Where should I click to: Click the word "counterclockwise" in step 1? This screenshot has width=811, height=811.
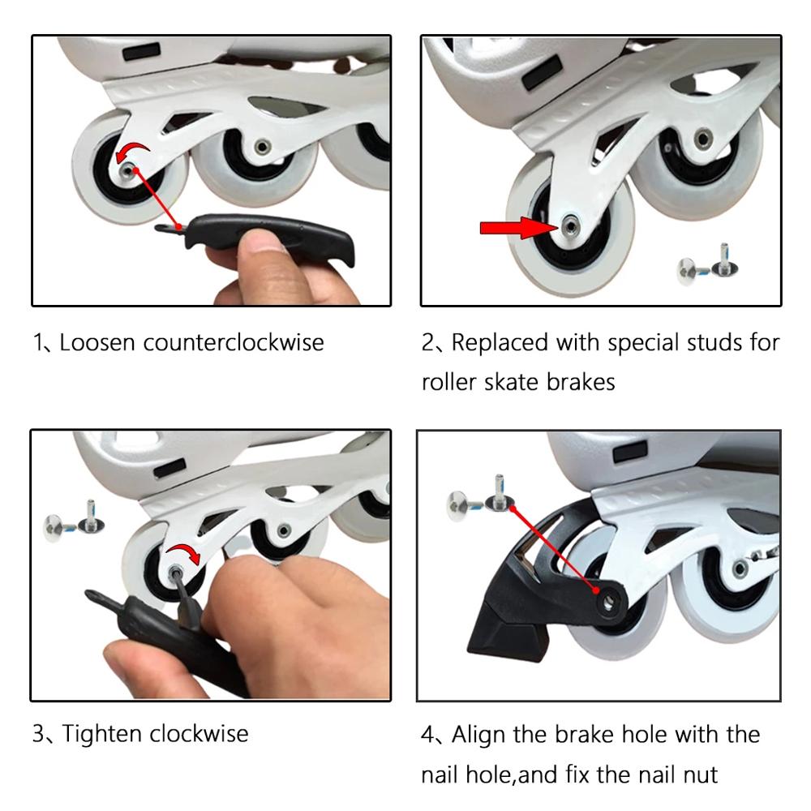(234, 342)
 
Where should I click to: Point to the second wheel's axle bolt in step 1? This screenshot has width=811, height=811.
(262, 148)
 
